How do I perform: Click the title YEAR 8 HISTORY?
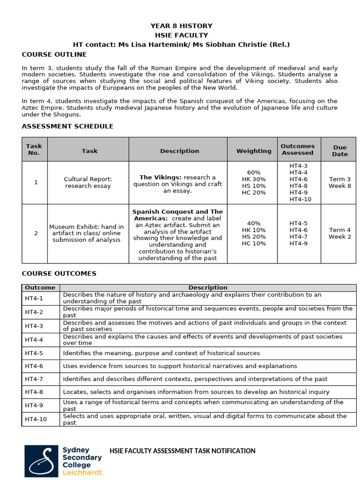pos(181,26)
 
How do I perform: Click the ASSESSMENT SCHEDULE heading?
pos(67,126)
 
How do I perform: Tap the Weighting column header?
pos(254,151)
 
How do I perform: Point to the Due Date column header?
pos(340,150)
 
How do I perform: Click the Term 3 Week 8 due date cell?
pos(340,182)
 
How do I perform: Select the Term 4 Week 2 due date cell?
pos(340,233)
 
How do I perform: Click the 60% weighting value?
pos(254,172)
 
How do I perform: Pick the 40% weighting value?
pos(254,223)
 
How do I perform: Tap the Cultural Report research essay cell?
pos(88,182)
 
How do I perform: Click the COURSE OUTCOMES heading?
pos(59,273)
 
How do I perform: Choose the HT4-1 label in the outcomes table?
pos(34,298)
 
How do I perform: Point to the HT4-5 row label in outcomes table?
pos(34,353)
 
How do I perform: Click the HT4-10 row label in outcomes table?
pos(36,419)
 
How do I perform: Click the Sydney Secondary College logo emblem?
pos(42,461)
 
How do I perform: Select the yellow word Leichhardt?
pos(82,472)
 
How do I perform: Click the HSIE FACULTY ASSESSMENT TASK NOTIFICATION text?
pos(182,451)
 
